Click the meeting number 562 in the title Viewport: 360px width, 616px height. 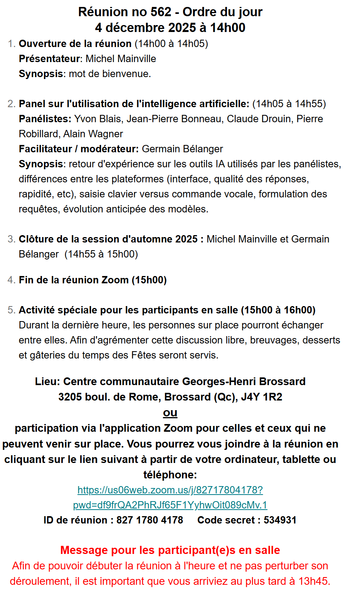coord(161,12)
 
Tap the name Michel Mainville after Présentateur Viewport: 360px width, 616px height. coord(121,59)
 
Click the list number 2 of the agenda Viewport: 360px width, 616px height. coord(11,104)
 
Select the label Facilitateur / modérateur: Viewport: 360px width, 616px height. coord(79,149)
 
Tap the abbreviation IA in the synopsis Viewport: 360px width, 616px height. coord(220,164)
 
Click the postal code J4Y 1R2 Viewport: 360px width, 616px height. coord(261,397)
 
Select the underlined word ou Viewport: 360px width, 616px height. coord(170,412)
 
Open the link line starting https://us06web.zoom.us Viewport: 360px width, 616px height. coord(170,490)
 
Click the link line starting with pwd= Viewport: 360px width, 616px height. coord(170,505)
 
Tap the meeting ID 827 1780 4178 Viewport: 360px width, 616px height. coord(150,520)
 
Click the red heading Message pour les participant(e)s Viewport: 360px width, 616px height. coord(170,550)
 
